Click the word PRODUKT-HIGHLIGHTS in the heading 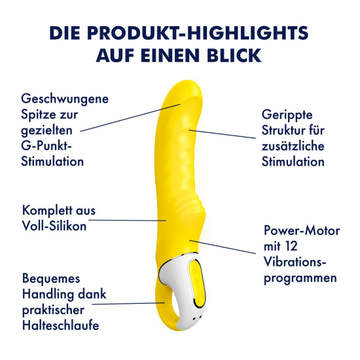click(x=198, y=33)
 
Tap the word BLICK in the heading click(x=234, y=56)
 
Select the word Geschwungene click(x=65, y=99)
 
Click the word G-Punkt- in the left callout click(x=46, y=146)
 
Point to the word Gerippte click(x=287, y=115)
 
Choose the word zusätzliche click(x=293, y=147)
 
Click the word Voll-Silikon click(x=54, y=226)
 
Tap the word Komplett click(x=48, y=211)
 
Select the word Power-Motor click(x=302, y=230)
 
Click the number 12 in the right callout click(x=291, y=246)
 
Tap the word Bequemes click(x=51, y=279)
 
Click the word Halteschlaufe click(x=61, y=325)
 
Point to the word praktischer click(x=53, y=310)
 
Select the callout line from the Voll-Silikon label click(x=127, y=221)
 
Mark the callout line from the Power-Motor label click(x=223, y=247)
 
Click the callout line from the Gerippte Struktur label click(x=223, y=134)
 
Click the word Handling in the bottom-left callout click(x=48, y=295)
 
